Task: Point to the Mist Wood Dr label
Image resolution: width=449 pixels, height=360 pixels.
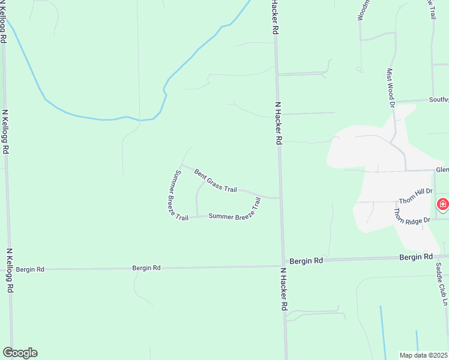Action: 391,87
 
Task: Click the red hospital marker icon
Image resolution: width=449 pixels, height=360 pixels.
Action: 442,205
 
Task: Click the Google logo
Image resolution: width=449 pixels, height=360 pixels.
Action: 20,353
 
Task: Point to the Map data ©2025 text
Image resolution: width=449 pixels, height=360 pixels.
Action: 423,355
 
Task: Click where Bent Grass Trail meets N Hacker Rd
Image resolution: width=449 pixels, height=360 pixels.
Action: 279,197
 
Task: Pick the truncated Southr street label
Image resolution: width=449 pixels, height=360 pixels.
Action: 438,100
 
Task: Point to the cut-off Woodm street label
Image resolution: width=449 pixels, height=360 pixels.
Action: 362,10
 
